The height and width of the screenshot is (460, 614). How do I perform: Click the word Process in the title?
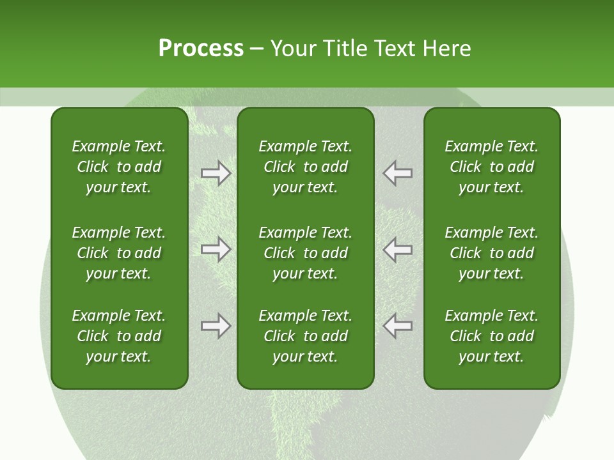coord(201,49)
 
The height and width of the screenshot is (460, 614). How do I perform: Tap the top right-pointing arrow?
coord(216,173)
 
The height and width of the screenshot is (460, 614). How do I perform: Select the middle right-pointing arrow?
coord(216,249)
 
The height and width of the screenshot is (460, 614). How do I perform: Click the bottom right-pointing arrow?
coord(216,326)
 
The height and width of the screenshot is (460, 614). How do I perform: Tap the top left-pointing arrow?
coord(398,173)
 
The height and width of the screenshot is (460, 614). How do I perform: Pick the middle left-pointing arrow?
coord(398,249)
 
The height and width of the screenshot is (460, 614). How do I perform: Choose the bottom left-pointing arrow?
coord(398,326)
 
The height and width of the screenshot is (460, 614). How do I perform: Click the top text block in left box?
coord(119,167)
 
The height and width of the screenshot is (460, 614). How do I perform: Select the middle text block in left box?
coord(119,253)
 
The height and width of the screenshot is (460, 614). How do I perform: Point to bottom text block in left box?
coord(119,336)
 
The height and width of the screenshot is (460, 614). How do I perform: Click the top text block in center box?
coord(305,167)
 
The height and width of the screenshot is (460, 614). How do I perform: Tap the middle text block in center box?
coord(305,253)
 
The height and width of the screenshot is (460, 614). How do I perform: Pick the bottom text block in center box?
coord(305,336)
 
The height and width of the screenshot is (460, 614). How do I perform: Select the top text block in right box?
coord(491,167)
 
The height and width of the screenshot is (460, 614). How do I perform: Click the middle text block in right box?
coord(491,253)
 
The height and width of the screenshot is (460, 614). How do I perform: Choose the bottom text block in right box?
coord(491,336)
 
